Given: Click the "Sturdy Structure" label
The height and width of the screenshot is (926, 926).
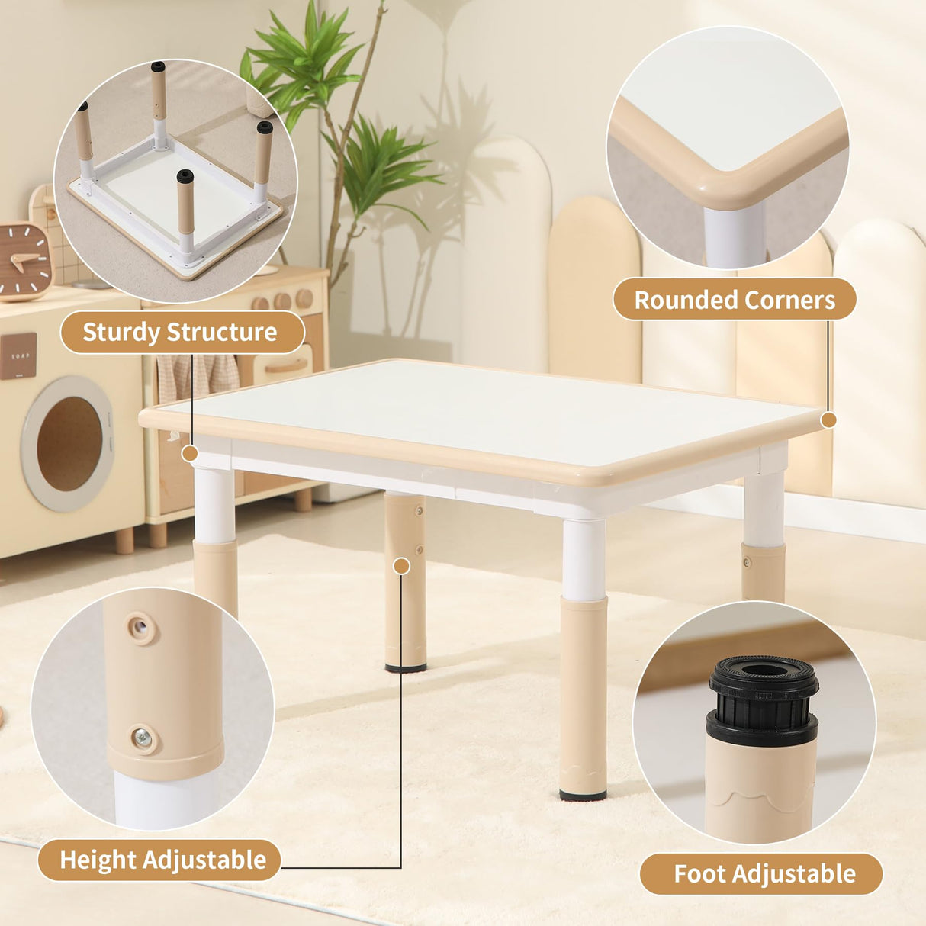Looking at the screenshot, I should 181,333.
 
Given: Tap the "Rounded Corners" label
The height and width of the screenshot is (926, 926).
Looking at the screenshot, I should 735,300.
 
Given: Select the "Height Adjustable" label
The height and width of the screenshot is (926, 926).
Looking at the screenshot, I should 162,860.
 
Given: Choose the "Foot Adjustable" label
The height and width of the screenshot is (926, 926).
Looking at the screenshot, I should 764,873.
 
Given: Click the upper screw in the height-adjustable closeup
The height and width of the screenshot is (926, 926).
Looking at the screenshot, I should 140,628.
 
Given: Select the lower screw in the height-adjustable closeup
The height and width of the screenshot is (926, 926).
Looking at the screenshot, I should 143,737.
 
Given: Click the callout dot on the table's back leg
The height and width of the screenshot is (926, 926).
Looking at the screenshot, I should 402,566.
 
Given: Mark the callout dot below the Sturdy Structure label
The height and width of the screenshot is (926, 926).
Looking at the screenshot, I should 190,454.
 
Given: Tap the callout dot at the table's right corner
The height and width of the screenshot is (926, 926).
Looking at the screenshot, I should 829,420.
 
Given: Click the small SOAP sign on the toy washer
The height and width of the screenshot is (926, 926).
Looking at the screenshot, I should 18,355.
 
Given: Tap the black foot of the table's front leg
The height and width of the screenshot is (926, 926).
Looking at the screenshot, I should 583,795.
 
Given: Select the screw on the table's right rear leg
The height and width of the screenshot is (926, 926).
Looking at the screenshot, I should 748,564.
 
